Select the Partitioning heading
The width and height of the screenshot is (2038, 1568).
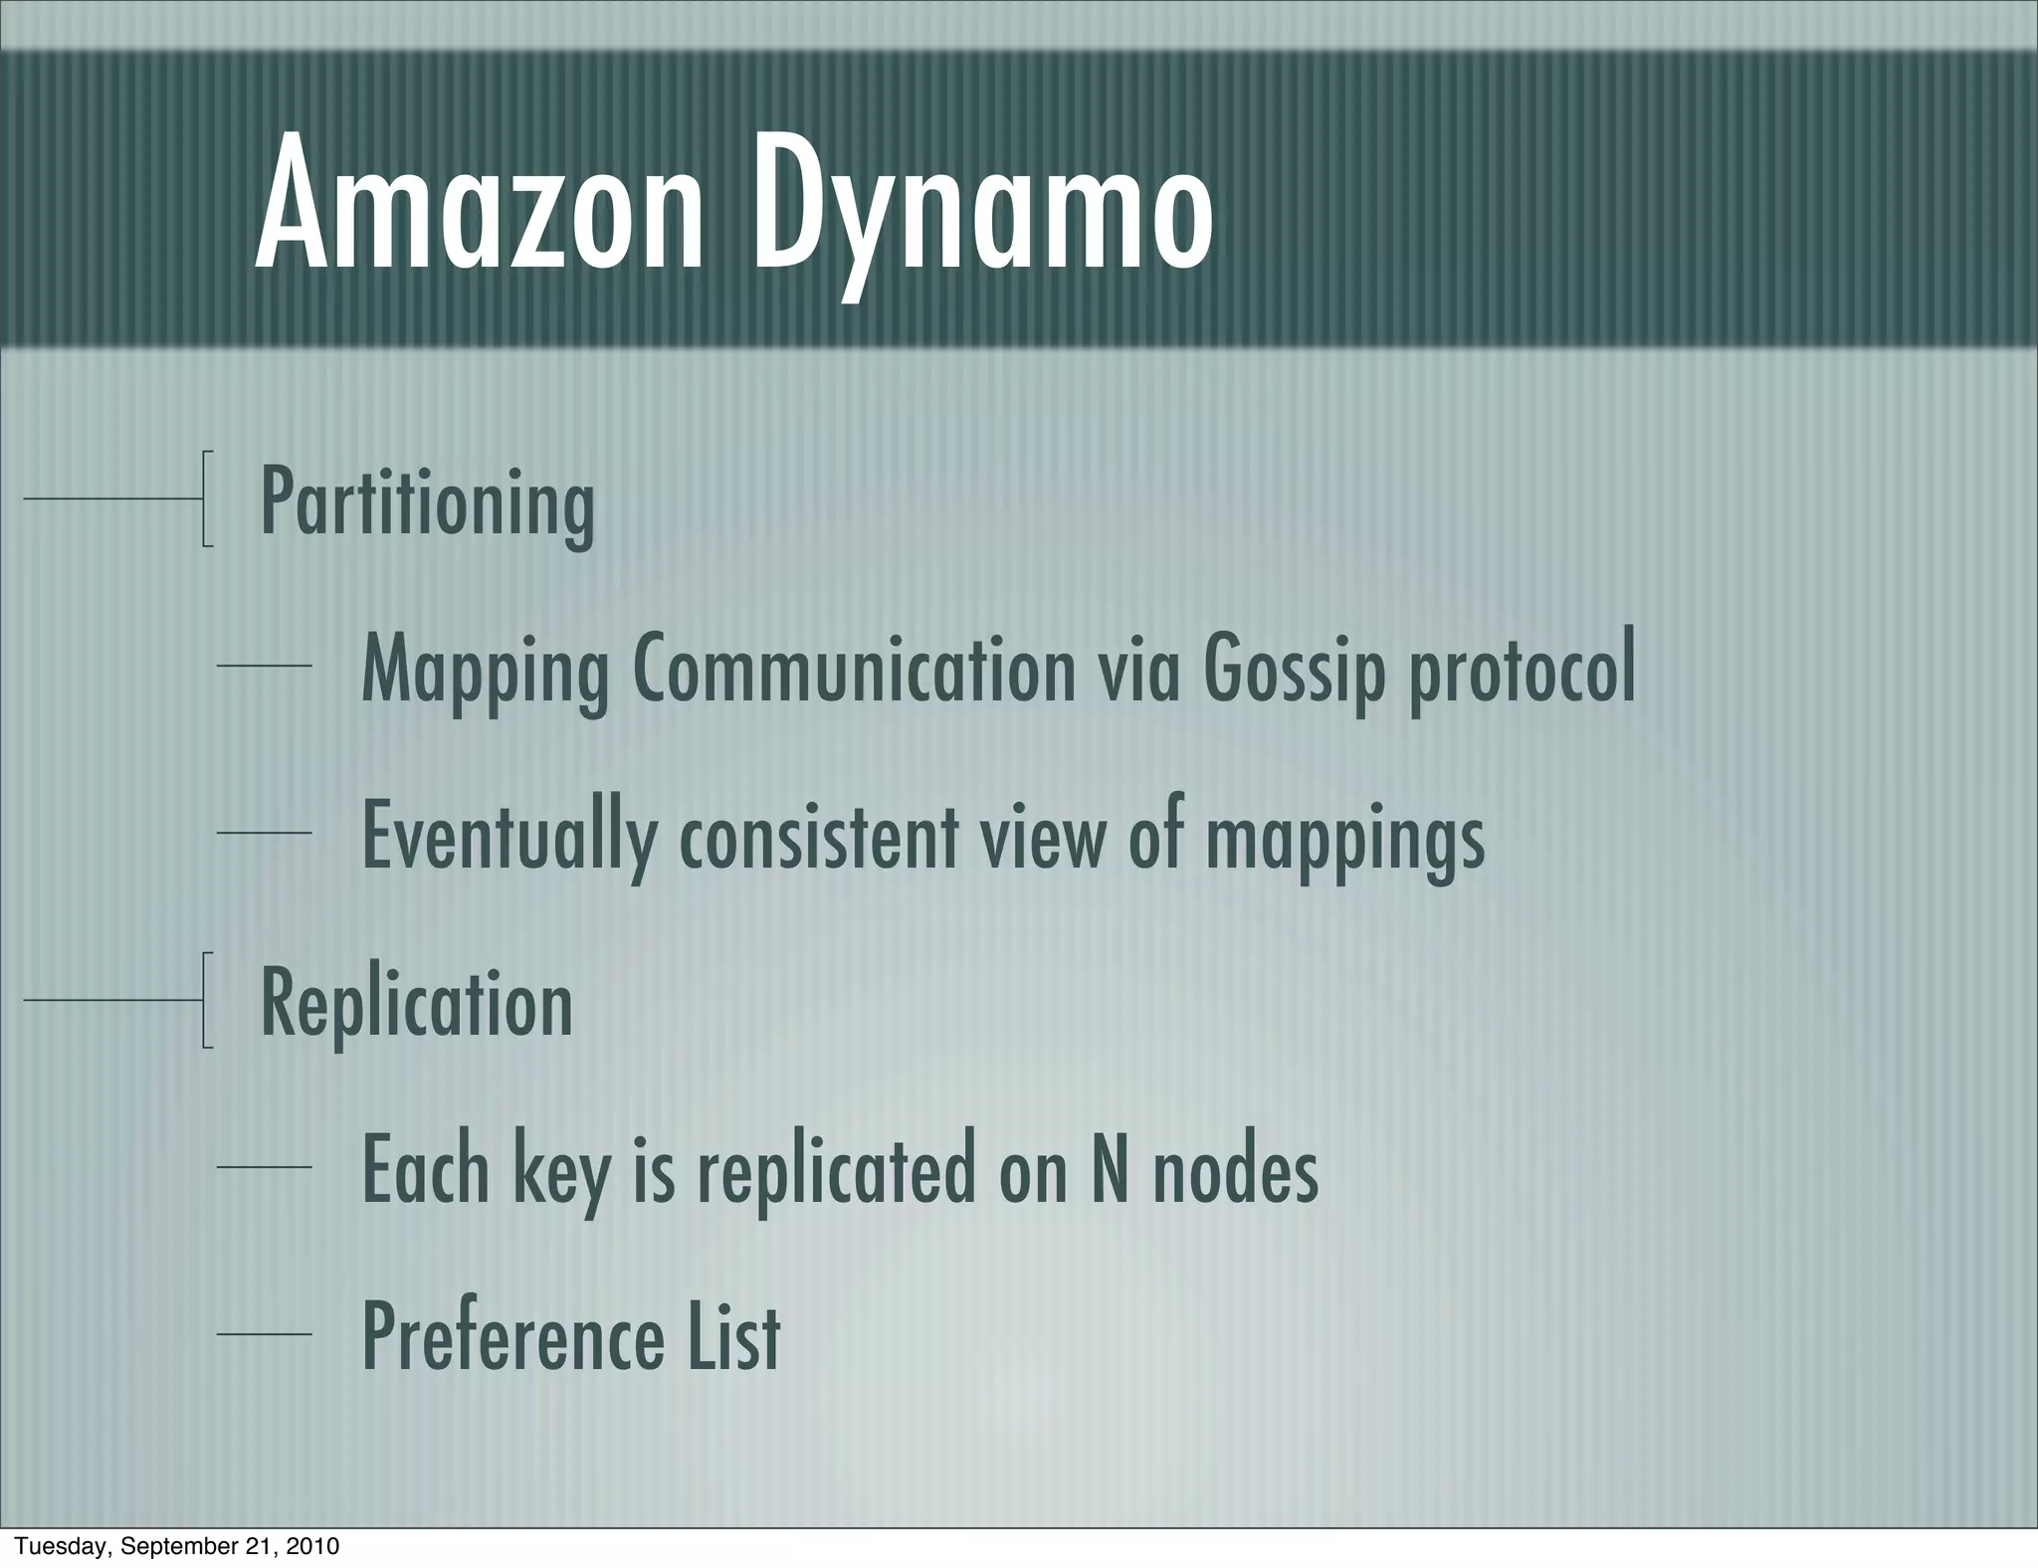427,502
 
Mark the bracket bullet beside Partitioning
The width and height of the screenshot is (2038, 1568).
205,498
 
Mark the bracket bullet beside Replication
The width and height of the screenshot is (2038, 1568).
205,1000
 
